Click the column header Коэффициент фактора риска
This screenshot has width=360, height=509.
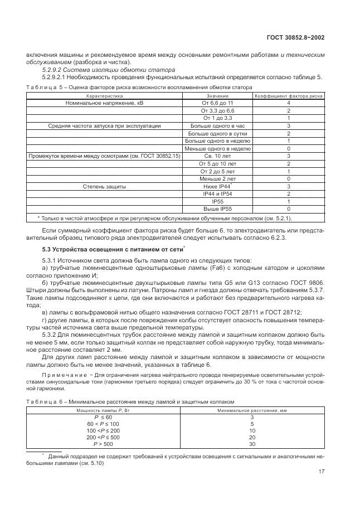288,96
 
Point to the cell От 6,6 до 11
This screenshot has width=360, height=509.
218,103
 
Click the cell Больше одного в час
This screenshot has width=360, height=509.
218,126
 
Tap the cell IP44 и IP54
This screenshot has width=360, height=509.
218,193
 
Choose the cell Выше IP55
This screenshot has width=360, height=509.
218,209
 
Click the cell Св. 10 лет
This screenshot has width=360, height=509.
218,156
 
